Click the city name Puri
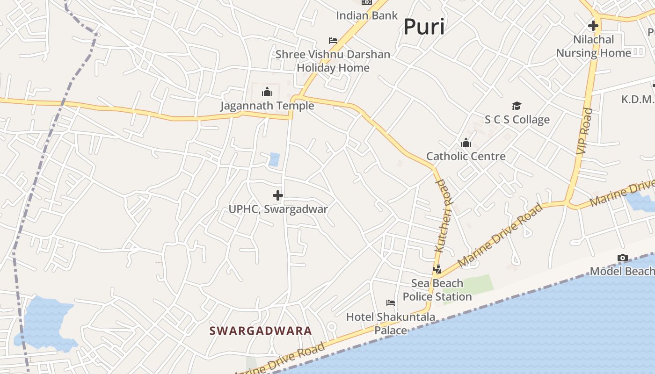tap(424, 27)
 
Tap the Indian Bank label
tap(367, 15)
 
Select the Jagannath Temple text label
tap(267, 106)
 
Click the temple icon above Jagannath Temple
tap(267, 92)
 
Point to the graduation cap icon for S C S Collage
tap(517, 106)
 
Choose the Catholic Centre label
tap(466, 156)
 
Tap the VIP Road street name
tap(584, 131)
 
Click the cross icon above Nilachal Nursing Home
tap(593, 26)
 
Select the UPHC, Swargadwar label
tap(278, 209)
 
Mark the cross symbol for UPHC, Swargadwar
tap(278, 195)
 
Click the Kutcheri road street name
tap(442, 215)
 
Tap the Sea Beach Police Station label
tap(437, 290)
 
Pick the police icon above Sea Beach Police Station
tap(437, 269)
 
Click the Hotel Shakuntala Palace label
tap(391, 324)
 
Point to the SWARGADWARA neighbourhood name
tap(260, 331)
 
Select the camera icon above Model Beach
tap(622, 258)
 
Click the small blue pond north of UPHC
tap(274, 159)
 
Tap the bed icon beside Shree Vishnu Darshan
tap(333, 41)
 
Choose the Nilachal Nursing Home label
tap(593, 46)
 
